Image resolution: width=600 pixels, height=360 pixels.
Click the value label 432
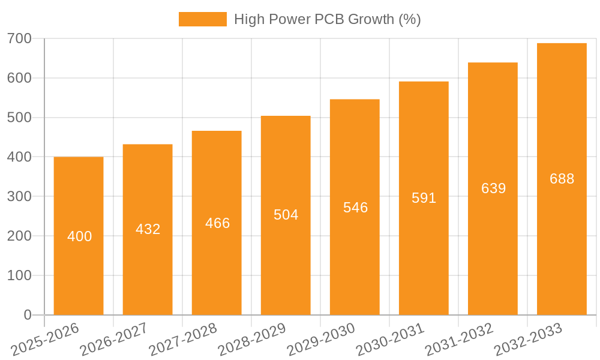148,229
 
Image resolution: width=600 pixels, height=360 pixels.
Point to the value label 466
217,223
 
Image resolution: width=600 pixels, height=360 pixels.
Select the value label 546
355,208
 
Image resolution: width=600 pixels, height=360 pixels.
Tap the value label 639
493,188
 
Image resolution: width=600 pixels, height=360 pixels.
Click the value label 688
562,179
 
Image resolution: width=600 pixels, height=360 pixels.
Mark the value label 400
79,236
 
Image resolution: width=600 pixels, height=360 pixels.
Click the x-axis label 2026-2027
114,339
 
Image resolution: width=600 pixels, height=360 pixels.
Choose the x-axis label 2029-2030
321,339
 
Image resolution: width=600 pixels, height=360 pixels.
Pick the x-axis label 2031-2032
459,339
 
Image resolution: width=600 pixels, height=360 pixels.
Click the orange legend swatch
202,19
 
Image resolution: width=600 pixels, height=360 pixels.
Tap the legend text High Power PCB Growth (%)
327,19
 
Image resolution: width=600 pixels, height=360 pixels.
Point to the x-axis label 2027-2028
183,339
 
